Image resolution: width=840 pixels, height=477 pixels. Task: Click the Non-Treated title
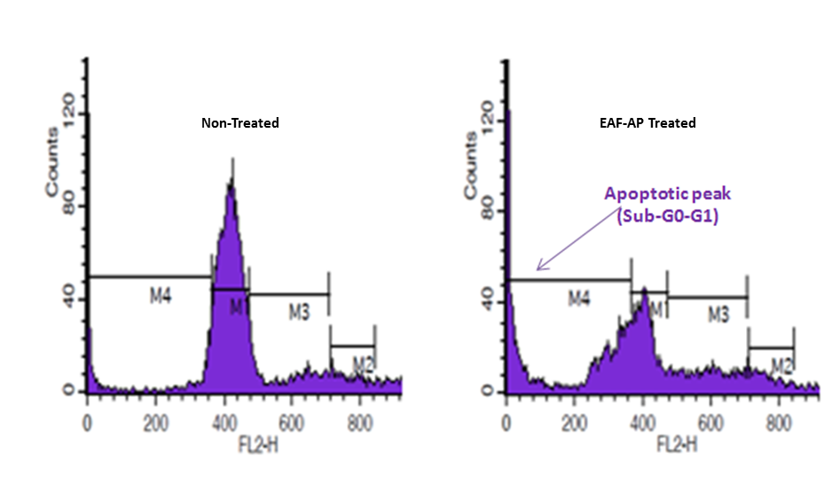(239, 123)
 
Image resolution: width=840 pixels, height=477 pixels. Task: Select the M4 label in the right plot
(579, 299)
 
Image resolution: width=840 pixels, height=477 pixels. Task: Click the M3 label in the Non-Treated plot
(299, 311)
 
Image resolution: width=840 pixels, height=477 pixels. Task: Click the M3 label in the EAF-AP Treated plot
(718, 313)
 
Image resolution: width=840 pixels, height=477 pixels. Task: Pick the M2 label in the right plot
(781, 364)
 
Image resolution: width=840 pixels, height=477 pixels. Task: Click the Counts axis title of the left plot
(52, 161)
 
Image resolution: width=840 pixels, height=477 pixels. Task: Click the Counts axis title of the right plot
(471, 164)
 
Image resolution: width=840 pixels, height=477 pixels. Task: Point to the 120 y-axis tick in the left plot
(66, 113)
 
